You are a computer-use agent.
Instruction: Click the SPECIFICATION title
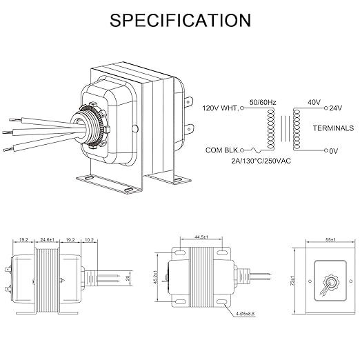[x=180, y=20]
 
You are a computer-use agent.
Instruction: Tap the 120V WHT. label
[x=221, y=108]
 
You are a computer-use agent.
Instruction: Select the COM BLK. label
[x=222, y=150]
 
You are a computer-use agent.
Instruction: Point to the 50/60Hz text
[x=263, y=102]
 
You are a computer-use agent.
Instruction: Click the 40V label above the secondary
[x=314, y=102]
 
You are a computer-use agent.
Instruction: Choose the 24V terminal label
[x=336, y=108]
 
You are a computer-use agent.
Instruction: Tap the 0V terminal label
[x=334, y=151]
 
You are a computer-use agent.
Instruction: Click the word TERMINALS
[x=333, y=128]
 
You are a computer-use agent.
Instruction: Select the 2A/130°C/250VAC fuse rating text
[x=261, y=161]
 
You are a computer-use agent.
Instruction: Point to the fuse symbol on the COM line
[x=256, y=150]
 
